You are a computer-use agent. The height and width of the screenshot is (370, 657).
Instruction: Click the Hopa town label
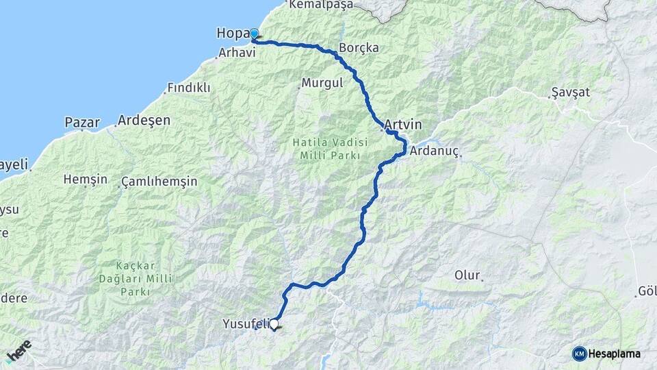click(x=231, y=33)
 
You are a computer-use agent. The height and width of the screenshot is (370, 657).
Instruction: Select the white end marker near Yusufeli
click(x=274, y=325)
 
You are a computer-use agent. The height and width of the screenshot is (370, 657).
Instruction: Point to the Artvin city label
click(x=403, y=125)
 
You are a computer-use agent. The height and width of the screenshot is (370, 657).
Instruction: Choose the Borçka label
click(x=359, y=49)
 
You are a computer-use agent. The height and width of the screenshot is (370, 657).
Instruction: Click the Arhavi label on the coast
click(x=237, y=53)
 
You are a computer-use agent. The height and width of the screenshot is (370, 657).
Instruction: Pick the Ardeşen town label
click(x=144, y=120)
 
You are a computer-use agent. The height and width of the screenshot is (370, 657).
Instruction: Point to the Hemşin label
click(x=85, y=180)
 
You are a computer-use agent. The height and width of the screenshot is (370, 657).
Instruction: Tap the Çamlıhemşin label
click(x=159, y=182)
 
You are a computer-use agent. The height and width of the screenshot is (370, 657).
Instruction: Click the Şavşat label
click(x=570, y=92)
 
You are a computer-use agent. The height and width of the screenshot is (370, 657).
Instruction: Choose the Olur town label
click(x=468, y=275)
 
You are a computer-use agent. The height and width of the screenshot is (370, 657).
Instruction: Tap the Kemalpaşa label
click(x=321, y=5)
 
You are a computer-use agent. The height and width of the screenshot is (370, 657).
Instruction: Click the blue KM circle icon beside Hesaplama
click(x=579, y=354)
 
